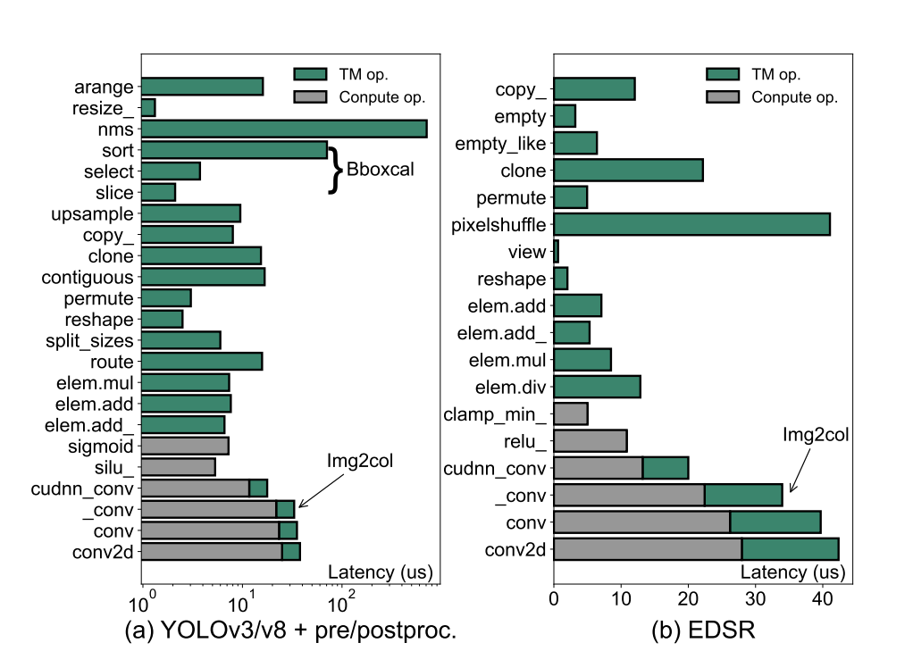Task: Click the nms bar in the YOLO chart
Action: coord(284,129)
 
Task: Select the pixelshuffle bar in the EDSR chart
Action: coord(691,223)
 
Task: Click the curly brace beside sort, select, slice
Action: coord(336,170)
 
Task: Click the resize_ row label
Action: coord(103,108)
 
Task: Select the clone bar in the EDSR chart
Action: coord(628,169)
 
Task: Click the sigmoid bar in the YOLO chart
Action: coord(185,446)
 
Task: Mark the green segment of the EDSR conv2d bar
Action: coord(790,548)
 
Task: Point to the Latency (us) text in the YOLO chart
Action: coord(370,572)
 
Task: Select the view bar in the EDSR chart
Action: coord(556,252)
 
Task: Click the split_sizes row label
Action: coord(89,340)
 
